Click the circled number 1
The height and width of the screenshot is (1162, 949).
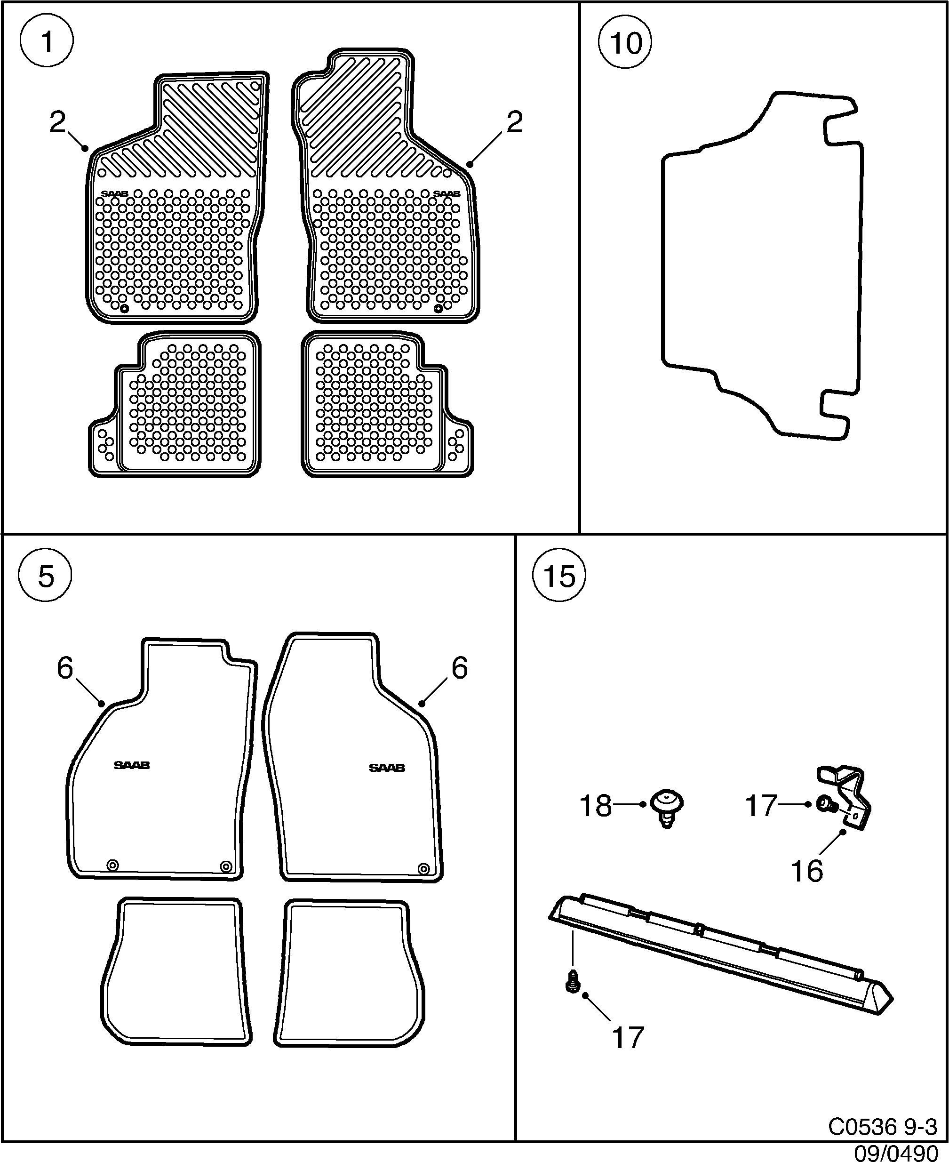[x=47, y=42]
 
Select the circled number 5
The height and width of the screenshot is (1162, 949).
[x=45, y=577]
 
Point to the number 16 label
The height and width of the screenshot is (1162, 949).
[x=807, y=871]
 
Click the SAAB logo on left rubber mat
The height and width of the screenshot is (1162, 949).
[x=114, y=193]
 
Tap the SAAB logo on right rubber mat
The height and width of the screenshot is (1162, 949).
[x=447, y=193]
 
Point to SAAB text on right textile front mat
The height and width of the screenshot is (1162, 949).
[x=386, y=768]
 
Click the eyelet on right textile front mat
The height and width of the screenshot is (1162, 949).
[x=423, y=868]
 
